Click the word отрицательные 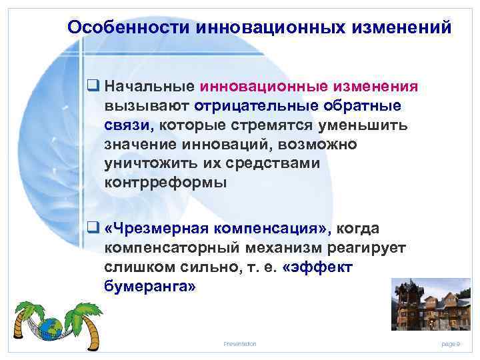click(x=250, y=106)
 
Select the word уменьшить click(x=358, y=125)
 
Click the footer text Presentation click(x=240, y=343)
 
